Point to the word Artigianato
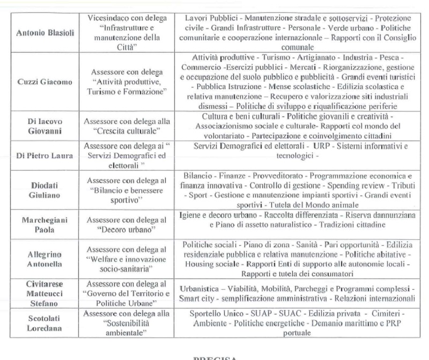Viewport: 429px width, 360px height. pos(295,57)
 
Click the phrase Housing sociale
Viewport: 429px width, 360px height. pos(211,263)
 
